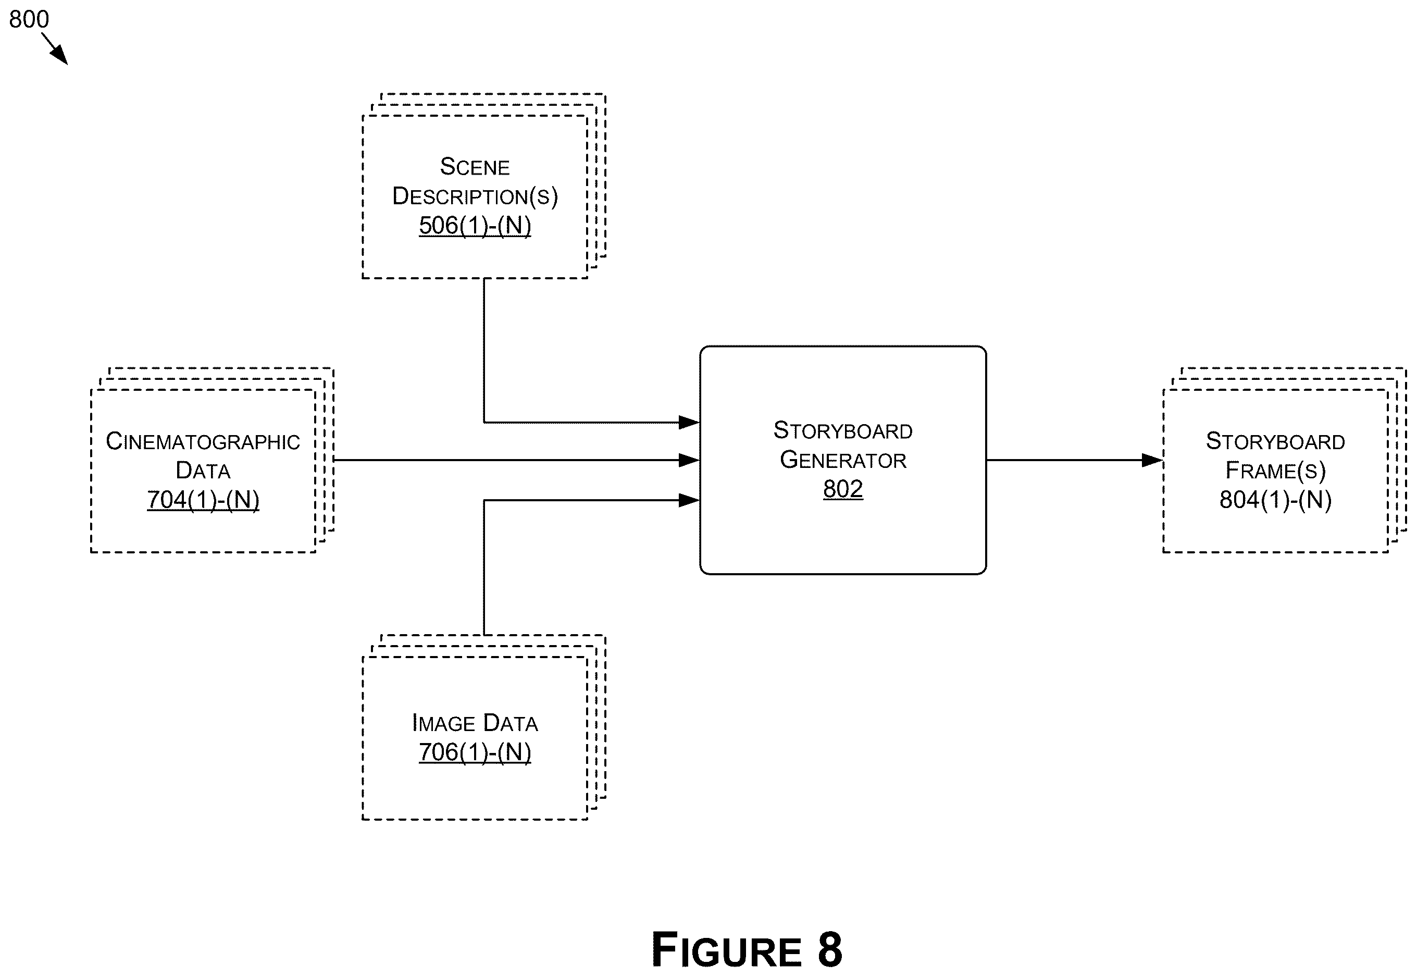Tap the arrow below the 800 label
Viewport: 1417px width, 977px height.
click(x=55, y=49)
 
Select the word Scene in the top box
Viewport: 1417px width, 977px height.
click(x=475, y=167)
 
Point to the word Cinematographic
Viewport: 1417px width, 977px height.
click(x=203, y=441)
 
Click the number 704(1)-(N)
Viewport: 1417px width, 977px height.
click(x=203, y=500)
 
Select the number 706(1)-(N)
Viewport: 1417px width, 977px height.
click(x=475, y=752)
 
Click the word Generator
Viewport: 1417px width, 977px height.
click(x=843, y=460)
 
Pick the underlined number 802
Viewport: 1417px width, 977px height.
click(x=843, y=489)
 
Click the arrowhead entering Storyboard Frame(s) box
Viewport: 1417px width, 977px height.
click(x=1152, y=460)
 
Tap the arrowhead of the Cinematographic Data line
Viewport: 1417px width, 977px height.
click(x=689, y=460)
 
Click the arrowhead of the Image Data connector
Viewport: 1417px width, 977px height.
click(x=689, y=500)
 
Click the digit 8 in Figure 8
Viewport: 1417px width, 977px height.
click(x=829, y=949)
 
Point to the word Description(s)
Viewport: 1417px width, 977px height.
click(x=475, y=196)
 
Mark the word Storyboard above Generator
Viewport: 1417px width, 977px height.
click(x=843, y=430)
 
